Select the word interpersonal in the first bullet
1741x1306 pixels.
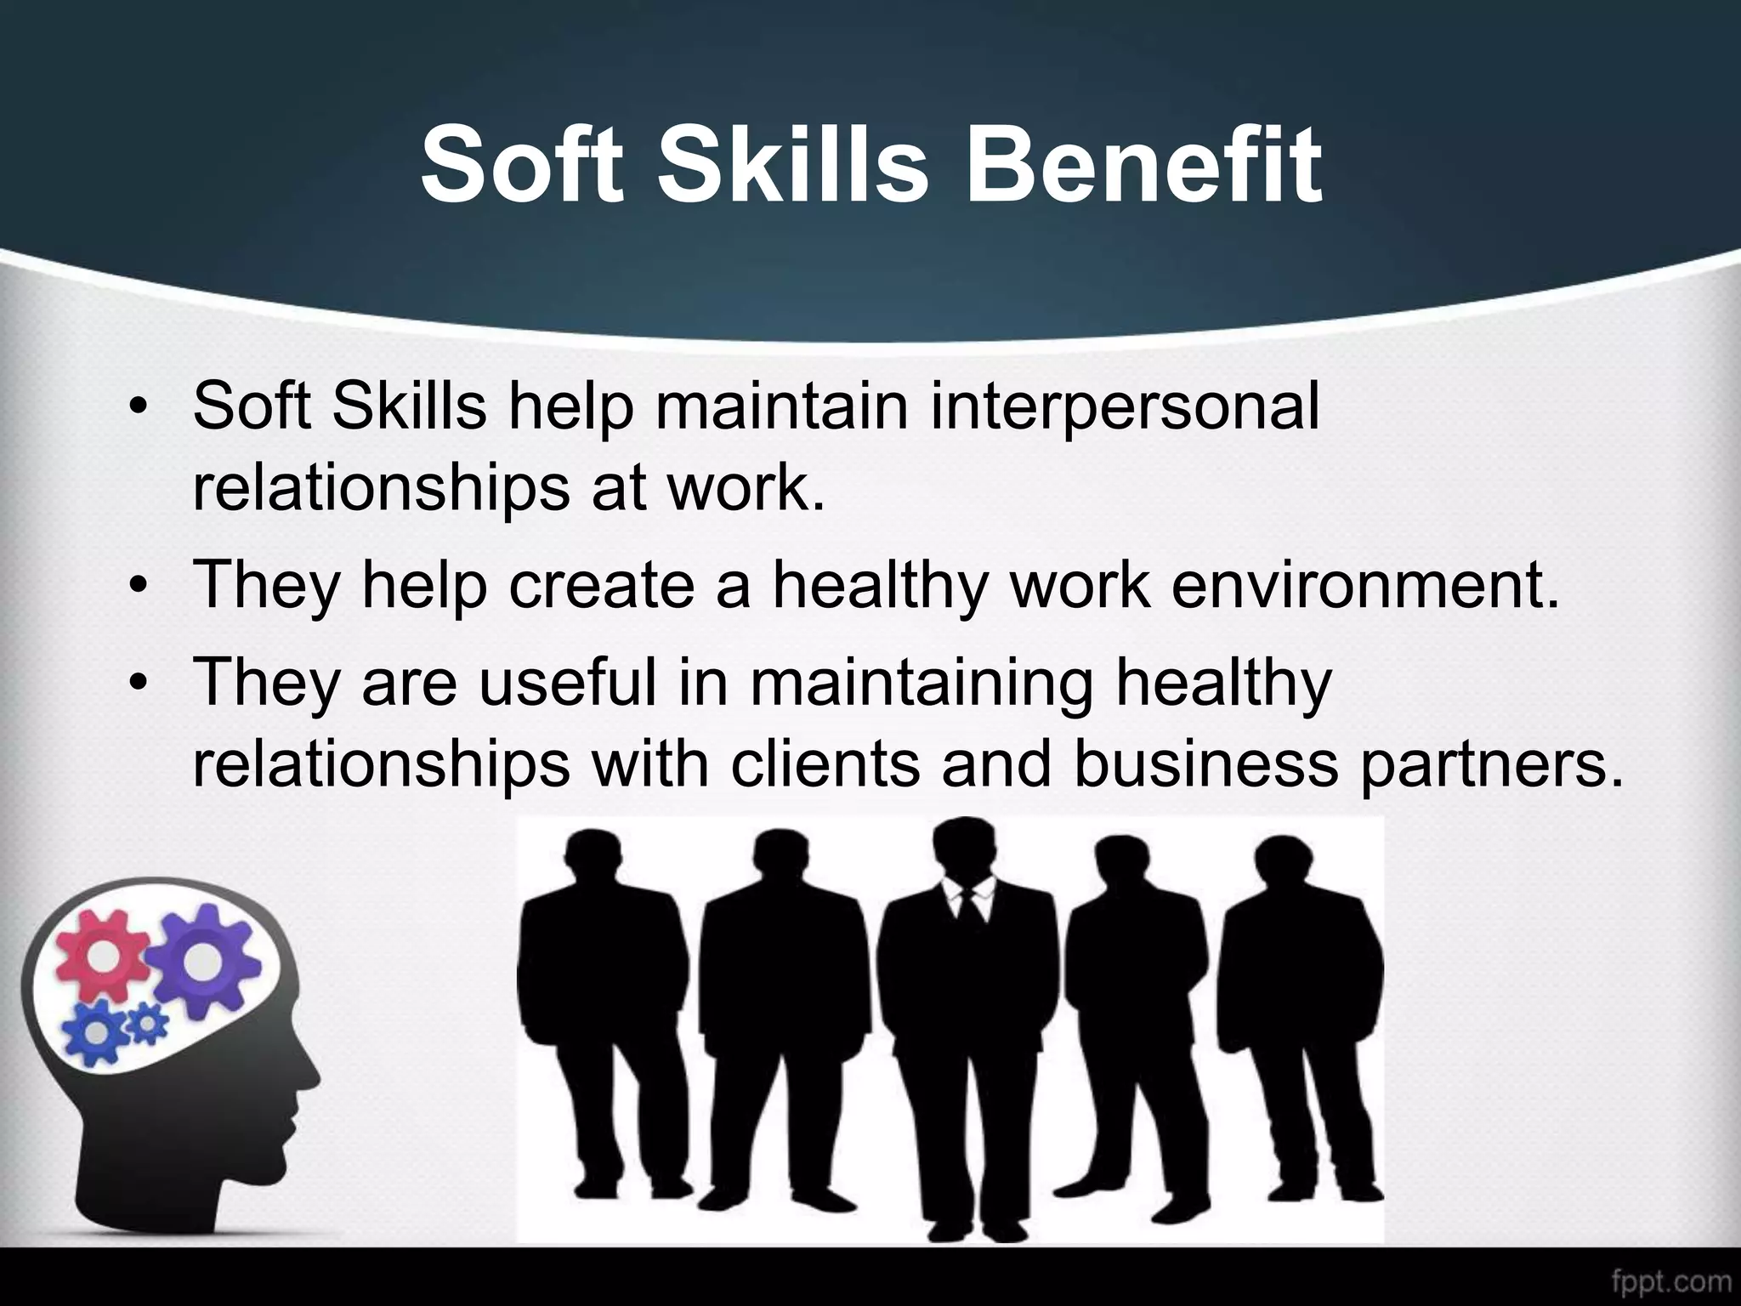click(x=1124, y=406)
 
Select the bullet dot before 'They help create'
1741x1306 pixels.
click(x=136, y=588)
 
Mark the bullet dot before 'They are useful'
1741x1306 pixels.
click(x=136, y=684)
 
